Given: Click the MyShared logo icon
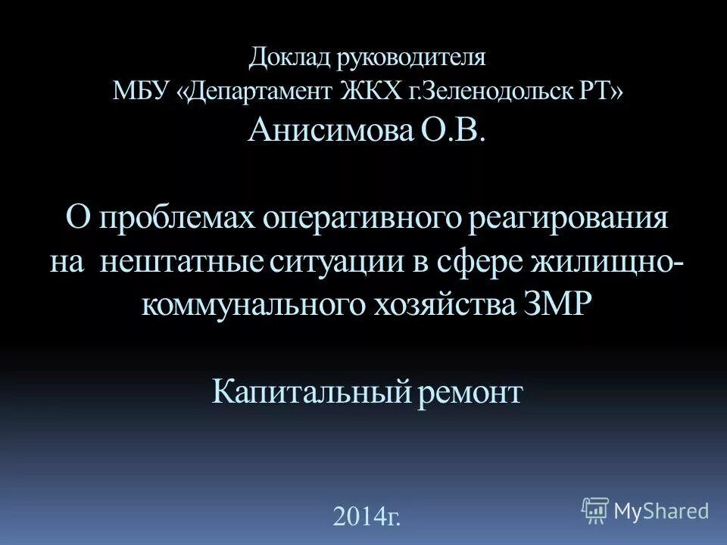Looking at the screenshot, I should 595,511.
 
